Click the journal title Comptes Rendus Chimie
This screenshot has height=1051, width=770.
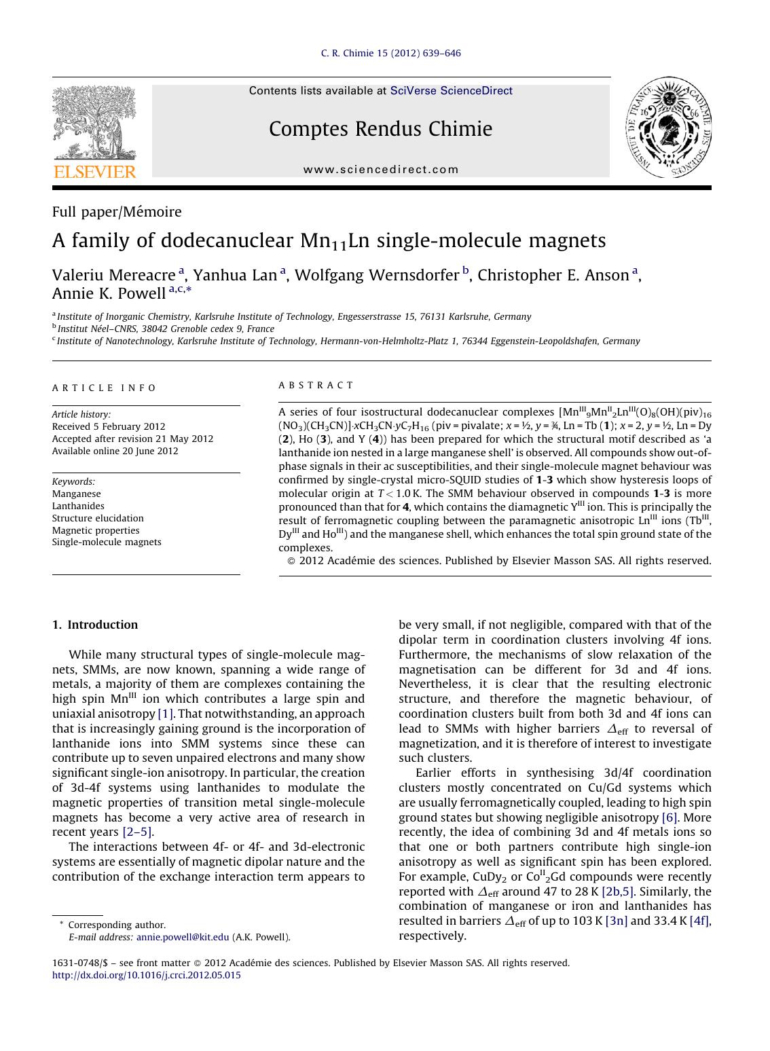380,129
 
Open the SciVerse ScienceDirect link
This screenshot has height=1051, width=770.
451,91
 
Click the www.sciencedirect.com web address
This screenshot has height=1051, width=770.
381,170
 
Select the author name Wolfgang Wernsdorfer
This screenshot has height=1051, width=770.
377,275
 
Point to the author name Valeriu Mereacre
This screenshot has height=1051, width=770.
113,275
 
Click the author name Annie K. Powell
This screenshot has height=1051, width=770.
109,293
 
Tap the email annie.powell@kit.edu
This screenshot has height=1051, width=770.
183,938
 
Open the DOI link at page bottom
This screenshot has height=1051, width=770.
146,976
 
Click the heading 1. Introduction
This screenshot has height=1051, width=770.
95,625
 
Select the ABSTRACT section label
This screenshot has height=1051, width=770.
316,385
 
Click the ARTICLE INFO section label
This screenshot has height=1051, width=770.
104,388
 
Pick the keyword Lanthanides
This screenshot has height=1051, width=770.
78,506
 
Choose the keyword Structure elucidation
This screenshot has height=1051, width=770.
98,518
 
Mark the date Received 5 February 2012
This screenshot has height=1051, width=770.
109,426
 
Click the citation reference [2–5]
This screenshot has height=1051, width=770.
137,832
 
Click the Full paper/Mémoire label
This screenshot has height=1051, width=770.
117,212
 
